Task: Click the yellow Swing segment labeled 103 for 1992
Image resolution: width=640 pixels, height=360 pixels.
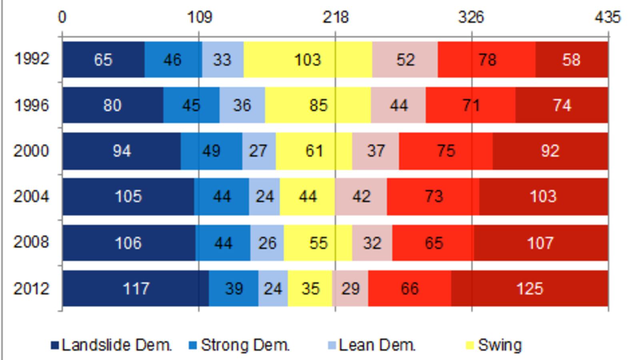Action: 308,60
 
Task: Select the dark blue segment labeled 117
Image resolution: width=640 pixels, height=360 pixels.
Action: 135,288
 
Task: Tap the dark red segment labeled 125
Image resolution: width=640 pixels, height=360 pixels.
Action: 530,288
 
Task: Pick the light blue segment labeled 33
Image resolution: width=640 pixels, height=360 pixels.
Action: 222,60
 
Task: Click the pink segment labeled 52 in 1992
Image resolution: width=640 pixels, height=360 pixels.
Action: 405,60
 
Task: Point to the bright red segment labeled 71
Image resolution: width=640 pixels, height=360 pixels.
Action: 470,105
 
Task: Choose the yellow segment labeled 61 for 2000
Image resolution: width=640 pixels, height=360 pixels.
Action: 314,151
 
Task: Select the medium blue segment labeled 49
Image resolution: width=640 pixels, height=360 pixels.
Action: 211,151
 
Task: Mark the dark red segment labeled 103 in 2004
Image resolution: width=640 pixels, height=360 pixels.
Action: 543,196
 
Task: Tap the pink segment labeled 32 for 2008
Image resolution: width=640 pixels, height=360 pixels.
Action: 372,243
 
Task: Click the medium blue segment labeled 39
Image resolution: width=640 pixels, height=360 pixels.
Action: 233,288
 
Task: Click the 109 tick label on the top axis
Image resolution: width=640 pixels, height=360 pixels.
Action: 199,17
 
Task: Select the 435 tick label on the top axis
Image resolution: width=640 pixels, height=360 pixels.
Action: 608,17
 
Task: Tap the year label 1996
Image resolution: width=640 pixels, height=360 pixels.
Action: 32,105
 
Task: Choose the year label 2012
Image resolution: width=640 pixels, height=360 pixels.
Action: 32,288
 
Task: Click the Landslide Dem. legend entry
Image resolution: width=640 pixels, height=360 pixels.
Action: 112,345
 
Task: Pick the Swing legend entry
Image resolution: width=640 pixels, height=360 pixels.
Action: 494,345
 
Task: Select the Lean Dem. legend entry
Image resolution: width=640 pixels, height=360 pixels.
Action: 372,345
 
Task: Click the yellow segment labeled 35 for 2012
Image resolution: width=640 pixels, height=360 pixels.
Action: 310,288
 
